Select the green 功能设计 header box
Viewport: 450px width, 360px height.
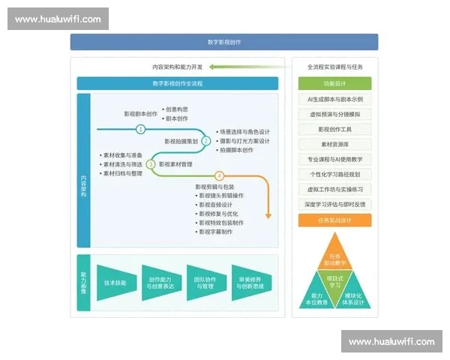tap(334, 84)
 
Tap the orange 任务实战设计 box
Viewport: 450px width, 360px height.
tap(334, 220)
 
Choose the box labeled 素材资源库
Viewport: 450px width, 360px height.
tap(334, 144)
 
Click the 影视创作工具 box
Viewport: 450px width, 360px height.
tap(334, 129)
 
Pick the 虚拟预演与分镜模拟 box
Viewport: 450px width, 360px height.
tap(334, 114)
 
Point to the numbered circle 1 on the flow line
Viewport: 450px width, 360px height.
tap(141, 128)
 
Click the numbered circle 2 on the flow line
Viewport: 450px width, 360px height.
tap(205, 140)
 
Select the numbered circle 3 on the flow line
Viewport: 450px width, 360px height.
tap(151, 163)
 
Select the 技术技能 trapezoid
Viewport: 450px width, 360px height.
tap(115, 283)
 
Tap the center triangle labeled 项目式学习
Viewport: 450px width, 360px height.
tap(334, 281)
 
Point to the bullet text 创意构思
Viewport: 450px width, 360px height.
tap(177, 109)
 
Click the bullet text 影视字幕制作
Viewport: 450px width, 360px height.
tap(217, 232)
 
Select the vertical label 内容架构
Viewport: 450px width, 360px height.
tap(83, 185)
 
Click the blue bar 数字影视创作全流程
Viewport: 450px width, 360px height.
tap(177, 83)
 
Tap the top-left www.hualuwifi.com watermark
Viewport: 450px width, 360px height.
tap(58, 19)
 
